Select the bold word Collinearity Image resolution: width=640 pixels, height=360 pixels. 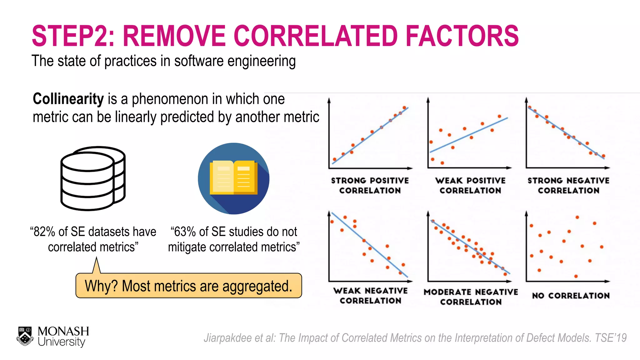pos(68,99)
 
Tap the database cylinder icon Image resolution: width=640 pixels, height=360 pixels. pos(93,178)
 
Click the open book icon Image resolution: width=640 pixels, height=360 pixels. pos(233,178)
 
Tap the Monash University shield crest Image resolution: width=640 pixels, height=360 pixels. pos(25,336)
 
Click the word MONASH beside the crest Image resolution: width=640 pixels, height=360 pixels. pos(63,331)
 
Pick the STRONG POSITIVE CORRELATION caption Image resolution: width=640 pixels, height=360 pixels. pos(370,186)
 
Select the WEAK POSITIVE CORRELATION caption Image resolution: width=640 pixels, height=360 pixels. pos(470,186)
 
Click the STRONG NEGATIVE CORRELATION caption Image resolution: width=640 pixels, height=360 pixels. pos(568,186)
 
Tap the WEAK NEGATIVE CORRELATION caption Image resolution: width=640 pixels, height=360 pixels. pos(370,296)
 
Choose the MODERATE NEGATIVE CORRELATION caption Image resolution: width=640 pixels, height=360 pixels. pos(471,297)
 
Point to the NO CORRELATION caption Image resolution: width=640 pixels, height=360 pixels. pos(571,296)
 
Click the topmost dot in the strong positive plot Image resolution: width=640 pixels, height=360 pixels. pos(404,107)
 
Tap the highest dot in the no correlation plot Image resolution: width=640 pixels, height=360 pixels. pos(577,217)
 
